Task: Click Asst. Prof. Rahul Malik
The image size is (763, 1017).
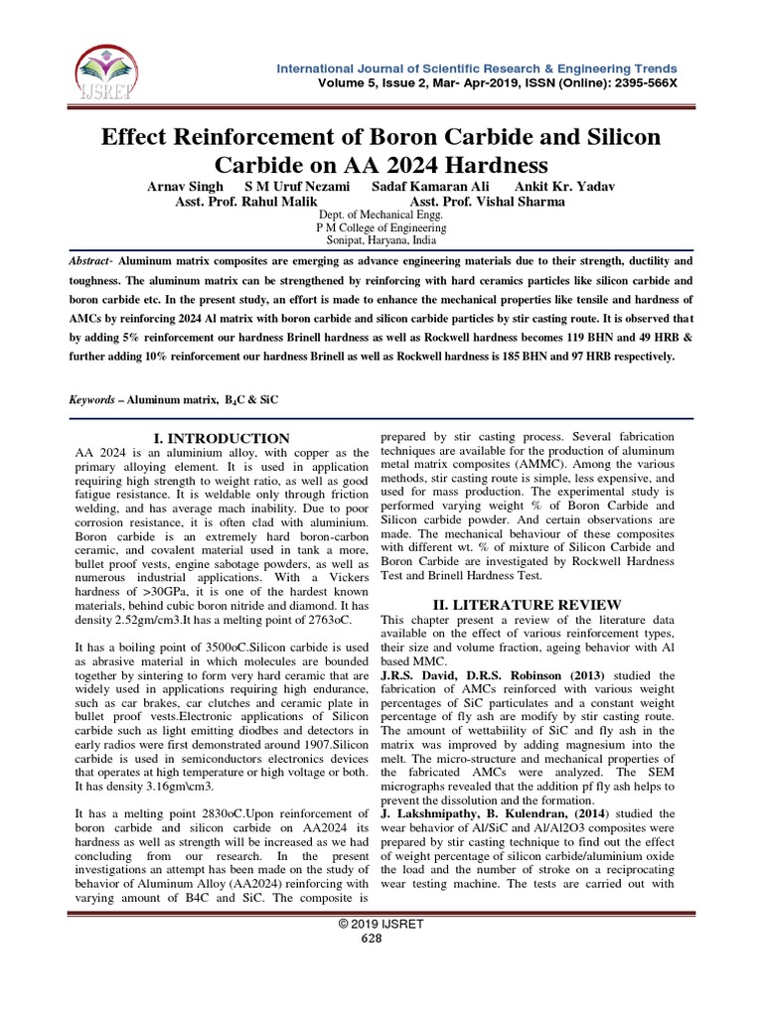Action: (x=253, y=202)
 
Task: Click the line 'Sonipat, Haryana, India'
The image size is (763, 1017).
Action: (x=381, y=240)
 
